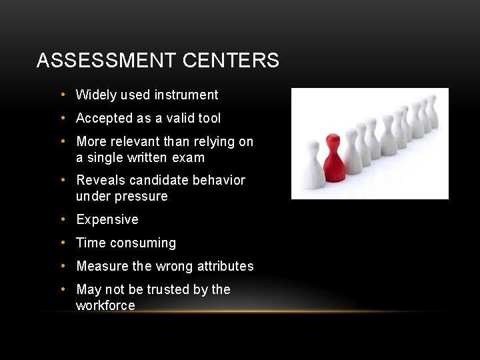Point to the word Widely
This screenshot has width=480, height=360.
point(96,95)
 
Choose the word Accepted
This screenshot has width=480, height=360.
point(103,119)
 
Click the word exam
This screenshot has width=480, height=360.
point(189,159)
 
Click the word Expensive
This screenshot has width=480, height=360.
point(107,220)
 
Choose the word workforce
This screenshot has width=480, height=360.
point(105,306)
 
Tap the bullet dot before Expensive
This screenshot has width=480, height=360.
point(63,219)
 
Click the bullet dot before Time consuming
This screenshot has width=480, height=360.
point(63,243)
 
